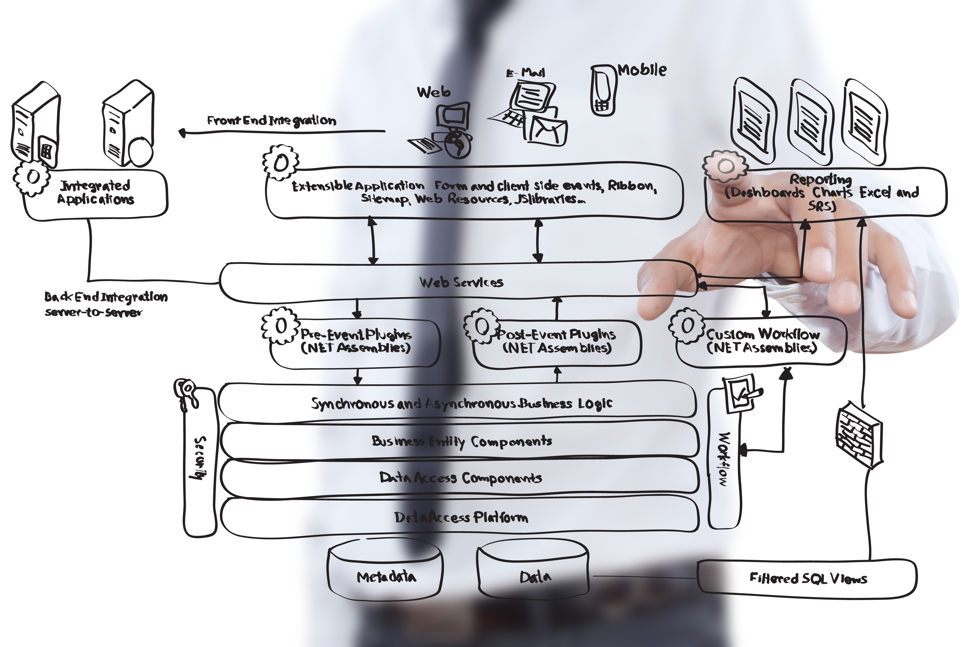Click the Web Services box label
pos(461,282)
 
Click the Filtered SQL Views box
pos(807,579)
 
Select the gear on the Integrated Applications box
pos(32,177)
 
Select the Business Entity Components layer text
pos(462,441)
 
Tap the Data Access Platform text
pos(461,517)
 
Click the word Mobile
pos(642,70)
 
